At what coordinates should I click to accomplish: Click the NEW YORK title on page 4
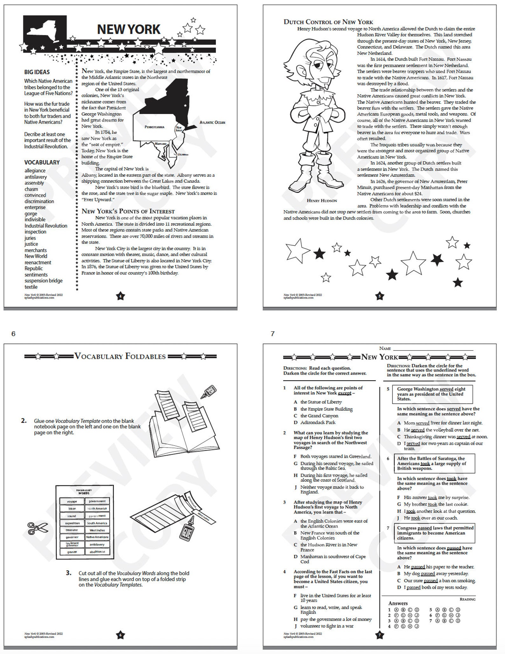pyautogui.click(x=128, y=29)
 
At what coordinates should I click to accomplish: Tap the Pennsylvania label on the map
pyautogui.click(x=154, y=127)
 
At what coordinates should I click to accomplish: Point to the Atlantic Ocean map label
pyautogui.click(x=212, y=122)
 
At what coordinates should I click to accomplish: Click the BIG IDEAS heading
pyautogui.click(x=37, y=72)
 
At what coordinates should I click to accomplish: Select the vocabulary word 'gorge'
pyautogui.click(x=31, y=214)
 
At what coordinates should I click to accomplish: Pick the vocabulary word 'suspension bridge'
pyautogui.click(x=44, y=281)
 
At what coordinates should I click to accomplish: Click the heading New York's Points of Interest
pyautogui.click(x=128, y=211)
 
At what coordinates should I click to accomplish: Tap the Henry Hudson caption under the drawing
pyautogui.click(x=322, y=201)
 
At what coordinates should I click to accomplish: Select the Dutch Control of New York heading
pyautogui.click(x=328, y=22)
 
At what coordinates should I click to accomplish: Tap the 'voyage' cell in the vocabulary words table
pyautogui.click(x=72, y=501)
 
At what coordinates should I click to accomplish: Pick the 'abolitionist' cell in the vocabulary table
pyautogui.click(x=97, y=552)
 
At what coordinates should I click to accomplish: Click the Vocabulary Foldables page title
pyautogui.click(x=120, y=356)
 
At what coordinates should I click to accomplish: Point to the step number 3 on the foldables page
pyautogui.click(x=69, y=573)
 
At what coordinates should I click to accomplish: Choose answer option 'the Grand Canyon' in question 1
pyautogui.click(x=319, y=416)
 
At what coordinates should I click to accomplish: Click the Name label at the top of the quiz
pyautogui.click(x=385, y=349)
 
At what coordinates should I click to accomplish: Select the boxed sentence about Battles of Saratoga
pyautogui.click(x=434, y=463)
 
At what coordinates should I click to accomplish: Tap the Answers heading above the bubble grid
pyautogui.click(x=398, y=603)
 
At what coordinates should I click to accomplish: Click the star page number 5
pyautogui.click(x=379, y=296)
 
